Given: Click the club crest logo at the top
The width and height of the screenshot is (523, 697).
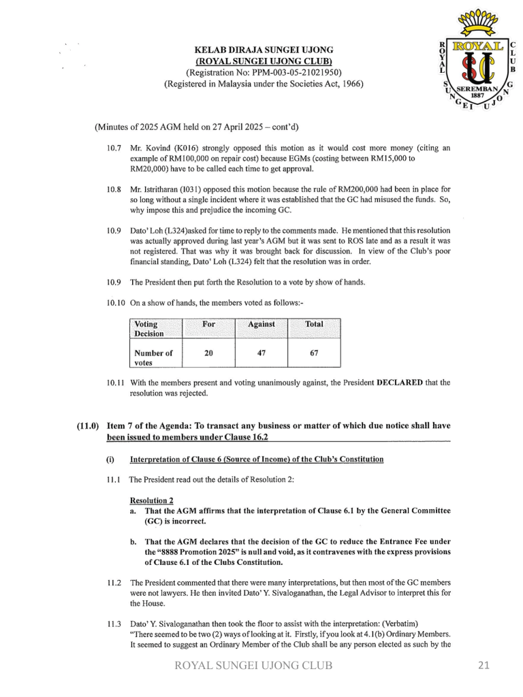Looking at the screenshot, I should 477,61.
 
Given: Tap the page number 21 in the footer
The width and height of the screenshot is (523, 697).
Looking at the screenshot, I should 484,666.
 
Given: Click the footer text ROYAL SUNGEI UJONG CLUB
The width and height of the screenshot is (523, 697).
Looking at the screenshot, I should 254,666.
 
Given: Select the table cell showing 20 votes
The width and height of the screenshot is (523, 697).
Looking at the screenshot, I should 208,353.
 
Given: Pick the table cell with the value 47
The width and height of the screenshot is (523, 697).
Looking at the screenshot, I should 261,353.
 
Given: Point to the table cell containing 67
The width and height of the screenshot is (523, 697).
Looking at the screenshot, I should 314,353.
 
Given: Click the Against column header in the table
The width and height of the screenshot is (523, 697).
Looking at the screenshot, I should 261,325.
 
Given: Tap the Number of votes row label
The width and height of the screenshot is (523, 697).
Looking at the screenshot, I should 153,357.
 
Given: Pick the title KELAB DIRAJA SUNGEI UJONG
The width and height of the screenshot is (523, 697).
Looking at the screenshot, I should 264,50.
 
